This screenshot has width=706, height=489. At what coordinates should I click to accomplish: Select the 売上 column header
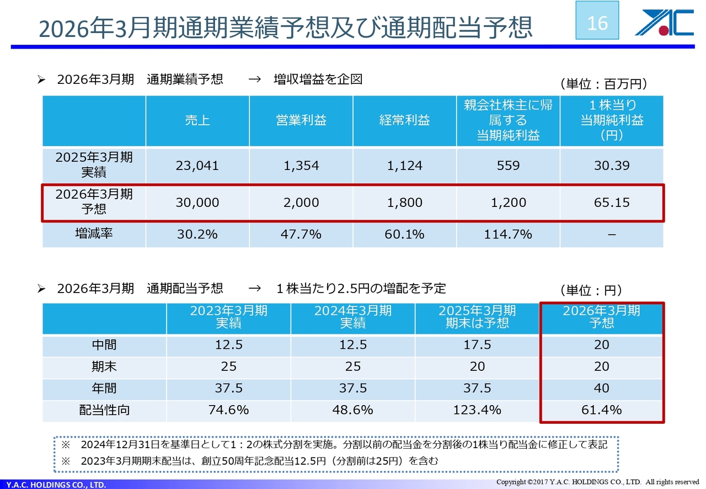[x=197, y=120]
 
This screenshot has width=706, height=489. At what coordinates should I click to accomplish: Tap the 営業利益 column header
[x=301, y=120]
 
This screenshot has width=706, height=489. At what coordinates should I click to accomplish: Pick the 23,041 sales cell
[x=197, y=166]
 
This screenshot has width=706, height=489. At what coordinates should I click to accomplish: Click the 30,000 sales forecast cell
[x=197, y=203]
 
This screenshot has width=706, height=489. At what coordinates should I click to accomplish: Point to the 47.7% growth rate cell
[x=301, y=235]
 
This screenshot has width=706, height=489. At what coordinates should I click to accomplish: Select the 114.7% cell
[x=508, y=235]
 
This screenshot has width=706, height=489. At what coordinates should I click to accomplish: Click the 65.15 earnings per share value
[x=612, y=203]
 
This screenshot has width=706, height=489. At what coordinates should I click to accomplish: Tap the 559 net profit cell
[x=508, y=166]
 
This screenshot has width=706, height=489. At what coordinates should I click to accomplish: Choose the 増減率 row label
[x=94, y=234]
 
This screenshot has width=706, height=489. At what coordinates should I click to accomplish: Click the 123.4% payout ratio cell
[x=477, y=410]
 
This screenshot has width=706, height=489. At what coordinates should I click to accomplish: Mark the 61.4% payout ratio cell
[x=601, y=410]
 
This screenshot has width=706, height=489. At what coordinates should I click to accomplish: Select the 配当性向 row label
[x=104, y=411]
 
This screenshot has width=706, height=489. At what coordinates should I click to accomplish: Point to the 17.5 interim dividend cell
[x=477, y=345]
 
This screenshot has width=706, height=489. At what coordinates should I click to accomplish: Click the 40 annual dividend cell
[x=601, y=389]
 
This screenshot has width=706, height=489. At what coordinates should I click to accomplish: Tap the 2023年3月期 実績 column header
[x=228, y=317]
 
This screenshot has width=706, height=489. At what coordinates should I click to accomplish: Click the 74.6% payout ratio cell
[x=228, y=410]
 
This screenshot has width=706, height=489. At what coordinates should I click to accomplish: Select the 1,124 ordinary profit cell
[x=405, y=166]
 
